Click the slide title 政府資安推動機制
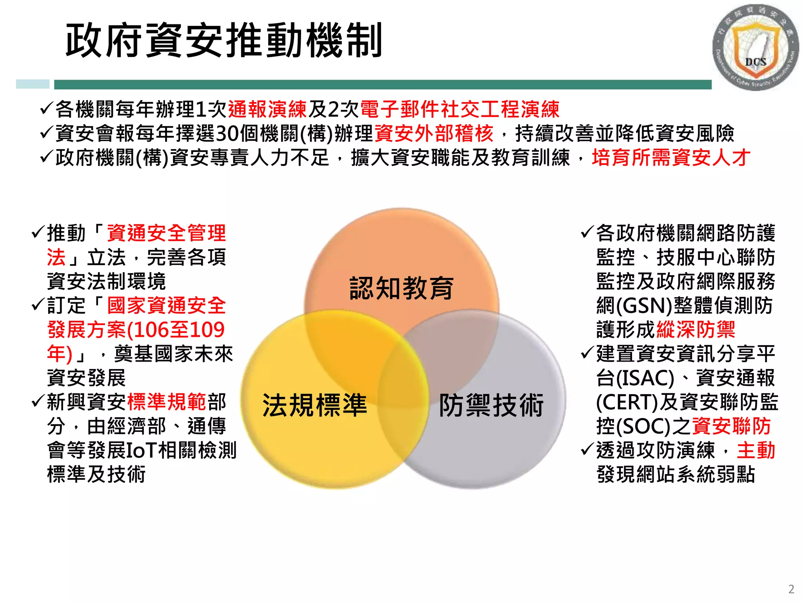coord(224,40)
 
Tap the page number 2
coord(791,589)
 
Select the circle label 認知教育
coord(401,288)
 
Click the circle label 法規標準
coord(314,405)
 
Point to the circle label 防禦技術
coord(491,405)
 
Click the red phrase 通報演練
coord(267,109)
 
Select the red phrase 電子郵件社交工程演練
coord(460,109)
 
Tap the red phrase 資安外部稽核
coord(434,133)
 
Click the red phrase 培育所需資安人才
coord(671,158)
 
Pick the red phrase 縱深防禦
coord(696,329)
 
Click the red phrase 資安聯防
coord(732,426)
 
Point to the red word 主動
coord(756,450)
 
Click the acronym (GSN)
coord(644,305)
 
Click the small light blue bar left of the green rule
coord(33,84)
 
